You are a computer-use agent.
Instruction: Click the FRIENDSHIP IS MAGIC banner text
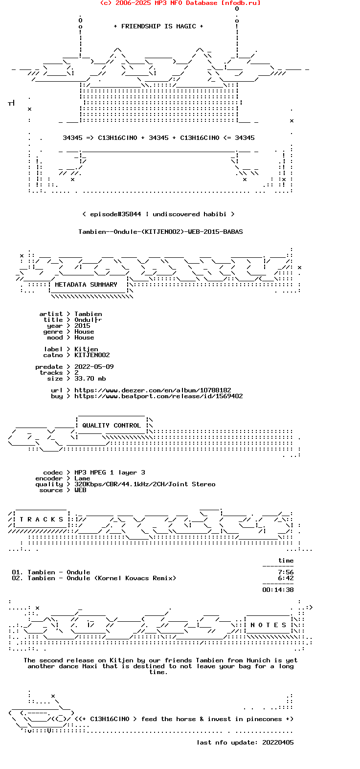click(158, 26)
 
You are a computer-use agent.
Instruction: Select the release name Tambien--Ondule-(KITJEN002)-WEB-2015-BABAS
click(160, 232)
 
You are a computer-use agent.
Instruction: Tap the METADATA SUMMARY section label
click(86, 285)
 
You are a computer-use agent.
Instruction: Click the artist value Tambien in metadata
click(88, 314)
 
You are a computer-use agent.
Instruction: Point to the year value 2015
click(82, 326)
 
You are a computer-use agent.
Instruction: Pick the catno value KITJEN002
click(92, 355)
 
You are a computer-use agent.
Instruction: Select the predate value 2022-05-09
click(94, 367)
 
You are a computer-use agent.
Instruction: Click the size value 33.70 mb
click(90, 379)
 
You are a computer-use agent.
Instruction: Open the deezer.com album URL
click(153, 390)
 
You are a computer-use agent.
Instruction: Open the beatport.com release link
click(158, 396)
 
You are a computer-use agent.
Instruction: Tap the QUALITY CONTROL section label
click(112, 426)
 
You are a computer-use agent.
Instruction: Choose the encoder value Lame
click(82, 478)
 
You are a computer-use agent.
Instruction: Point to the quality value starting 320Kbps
click(145, 484)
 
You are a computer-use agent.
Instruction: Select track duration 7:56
click(286, 572)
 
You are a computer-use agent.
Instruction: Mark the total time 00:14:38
click(278, 590)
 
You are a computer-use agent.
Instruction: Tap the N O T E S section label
click(269, 625)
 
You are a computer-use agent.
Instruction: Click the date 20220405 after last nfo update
click(278, 743)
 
